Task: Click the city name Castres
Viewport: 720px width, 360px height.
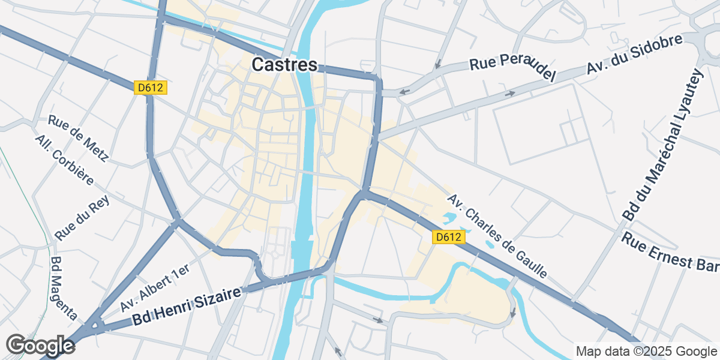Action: coord(284,65)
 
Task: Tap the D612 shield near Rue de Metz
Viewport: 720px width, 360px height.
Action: coord(150,88)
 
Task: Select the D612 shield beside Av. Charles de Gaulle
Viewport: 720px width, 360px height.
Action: coord(449,237)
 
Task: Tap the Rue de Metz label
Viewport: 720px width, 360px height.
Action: coord(78,139)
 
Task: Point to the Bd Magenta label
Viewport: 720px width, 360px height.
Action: coord(64,289)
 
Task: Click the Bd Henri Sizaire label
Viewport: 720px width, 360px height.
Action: coord(187,307)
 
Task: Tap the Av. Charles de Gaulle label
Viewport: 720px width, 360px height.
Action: coord(497,236)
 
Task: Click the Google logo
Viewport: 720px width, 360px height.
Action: coord(40,345)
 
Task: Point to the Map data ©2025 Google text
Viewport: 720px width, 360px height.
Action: coord(646,351)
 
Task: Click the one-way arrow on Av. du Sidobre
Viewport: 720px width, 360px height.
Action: coord(510,94)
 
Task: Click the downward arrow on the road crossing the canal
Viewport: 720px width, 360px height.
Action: coord(512,313)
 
